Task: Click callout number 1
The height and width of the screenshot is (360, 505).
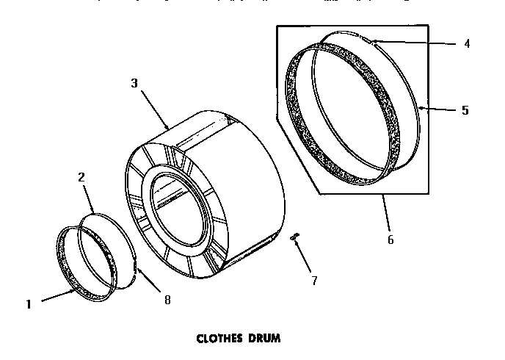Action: [29, 303]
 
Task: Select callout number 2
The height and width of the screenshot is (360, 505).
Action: [81, 176]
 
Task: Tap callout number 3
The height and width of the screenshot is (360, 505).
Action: [134, 83]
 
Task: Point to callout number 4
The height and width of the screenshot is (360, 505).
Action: [467, 43]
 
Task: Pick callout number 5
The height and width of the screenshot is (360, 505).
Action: [465, 111]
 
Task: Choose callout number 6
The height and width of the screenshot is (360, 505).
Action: [390, 240]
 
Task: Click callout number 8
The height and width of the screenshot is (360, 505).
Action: [167, 299]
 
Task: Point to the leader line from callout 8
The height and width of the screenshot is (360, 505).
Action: [151, 282]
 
